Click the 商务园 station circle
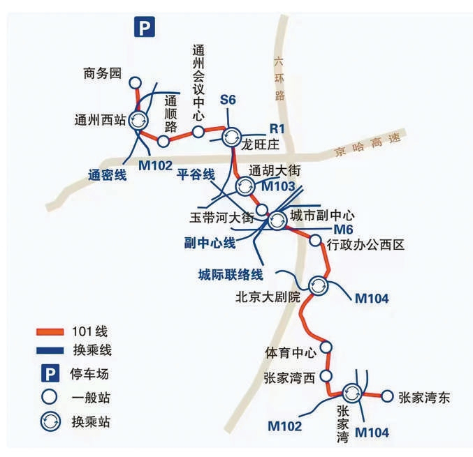pos(135,83)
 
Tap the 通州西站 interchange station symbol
pos(138,121)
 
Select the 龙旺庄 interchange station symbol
pos(232,137)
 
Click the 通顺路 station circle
pos(163,141)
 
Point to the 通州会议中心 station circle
pos(198,132)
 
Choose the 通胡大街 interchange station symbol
pos(245,186)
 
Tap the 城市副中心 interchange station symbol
pos(277,220)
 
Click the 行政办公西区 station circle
pos(316,240)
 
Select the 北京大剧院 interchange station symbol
pos(319,286)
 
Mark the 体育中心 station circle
pos(326,347)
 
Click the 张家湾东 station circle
pos(387,396)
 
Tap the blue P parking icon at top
pos(145,27)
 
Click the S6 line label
pos(228,100)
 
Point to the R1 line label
pos(277,128)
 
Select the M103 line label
pos(278,186)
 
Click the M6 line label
pos(343,230)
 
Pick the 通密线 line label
pos(108,175)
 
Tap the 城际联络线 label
pos(231,274)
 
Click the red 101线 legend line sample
pos(50,332)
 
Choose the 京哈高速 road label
pos(368,145)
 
